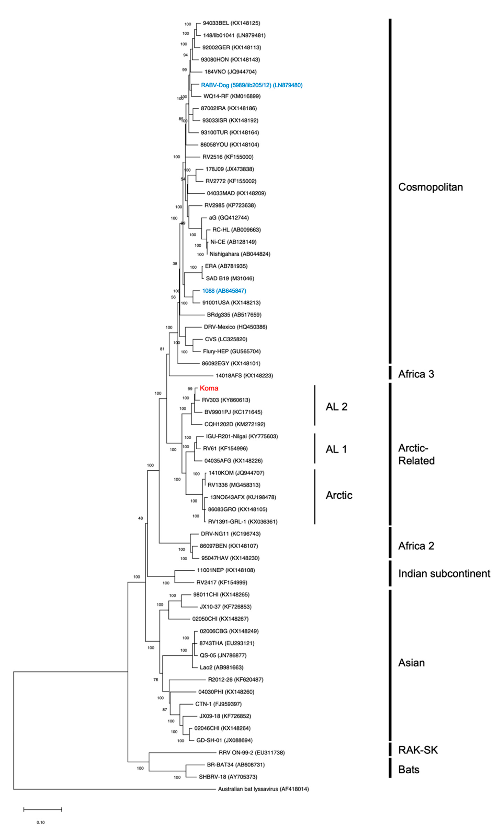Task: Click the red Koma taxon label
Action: pyautogui.click(x=209, y=388)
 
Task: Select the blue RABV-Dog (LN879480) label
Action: pyautogui.click(x=251, y=85)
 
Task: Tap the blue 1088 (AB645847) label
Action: pyautogui.click(x=224, y=291)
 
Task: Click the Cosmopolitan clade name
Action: pyautogui.click(x=430, y=187)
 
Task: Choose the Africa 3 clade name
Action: pyautogui.click(x=416, y=374)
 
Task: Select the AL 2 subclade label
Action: pyautogui.click(x=336, y=407)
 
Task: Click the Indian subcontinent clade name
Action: pyautogui.click(x=444, y=574)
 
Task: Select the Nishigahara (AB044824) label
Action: pyautogui.click(x=240, y=254)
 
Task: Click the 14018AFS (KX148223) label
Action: pyautogui.click(x=244, y=375)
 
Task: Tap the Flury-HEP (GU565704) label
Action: pyautogui.click(x=232, y=351)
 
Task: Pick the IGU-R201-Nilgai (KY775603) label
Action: pyautogui.click(x=242, y=436)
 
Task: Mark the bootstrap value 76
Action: pyautogui.click(x=156, y=680)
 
